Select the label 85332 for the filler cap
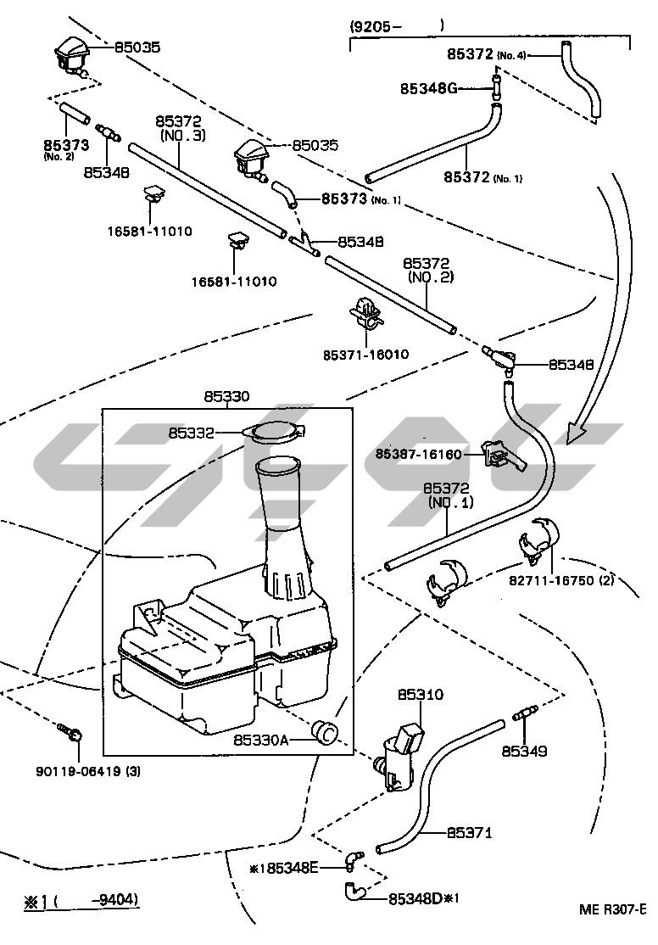192,433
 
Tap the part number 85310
421,694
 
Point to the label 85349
524,751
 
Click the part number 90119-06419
75,772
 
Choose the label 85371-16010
365,354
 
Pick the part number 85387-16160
418,455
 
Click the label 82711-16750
551,581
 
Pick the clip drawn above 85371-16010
365,313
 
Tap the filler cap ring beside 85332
273,432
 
